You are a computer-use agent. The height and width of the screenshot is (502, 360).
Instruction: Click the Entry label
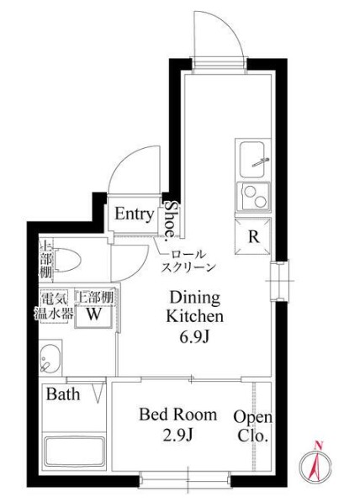[135, 214]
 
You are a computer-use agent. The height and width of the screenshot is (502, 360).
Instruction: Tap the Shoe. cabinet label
[171, 219]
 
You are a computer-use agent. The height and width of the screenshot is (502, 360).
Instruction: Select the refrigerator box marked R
[253, 236]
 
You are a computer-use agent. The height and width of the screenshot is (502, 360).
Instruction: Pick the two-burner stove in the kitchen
[252, 197]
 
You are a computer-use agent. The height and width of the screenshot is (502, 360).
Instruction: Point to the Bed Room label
[177, 415]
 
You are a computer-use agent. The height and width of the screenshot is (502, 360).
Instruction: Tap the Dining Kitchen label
[195, 307]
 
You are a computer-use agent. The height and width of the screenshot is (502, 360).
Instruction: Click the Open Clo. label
[251, 426]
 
